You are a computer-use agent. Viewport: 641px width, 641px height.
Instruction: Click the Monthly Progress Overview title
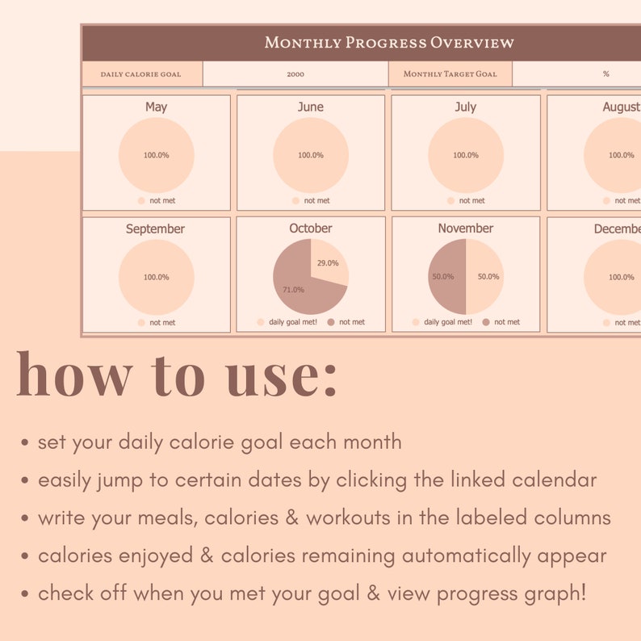[x=389, y=43]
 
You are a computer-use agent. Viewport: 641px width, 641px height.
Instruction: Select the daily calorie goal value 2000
[x=295, y=74]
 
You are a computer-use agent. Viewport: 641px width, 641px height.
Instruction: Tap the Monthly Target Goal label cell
[x=450, y=74]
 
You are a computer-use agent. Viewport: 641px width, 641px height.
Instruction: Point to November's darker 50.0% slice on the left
[x=445, y=277]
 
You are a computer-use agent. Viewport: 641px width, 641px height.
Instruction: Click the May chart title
[x=156, y=107]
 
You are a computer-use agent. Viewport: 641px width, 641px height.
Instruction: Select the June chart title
[x=311, y=107]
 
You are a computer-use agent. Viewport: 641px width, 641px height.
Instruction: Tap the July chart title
[x=466, y=107]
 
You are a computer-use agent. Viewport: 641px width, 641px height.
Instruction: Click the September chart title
[x=155, y=228]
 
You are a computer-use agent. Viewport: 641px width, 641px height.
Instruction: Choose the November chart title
[x=466, y=228]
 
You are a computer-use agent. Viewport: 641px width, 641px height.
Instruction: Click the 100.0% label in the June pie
[x=311, y=155]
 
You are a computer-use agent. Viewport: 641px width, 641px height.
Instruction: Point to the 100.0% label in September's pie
[x=156, y=277]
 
